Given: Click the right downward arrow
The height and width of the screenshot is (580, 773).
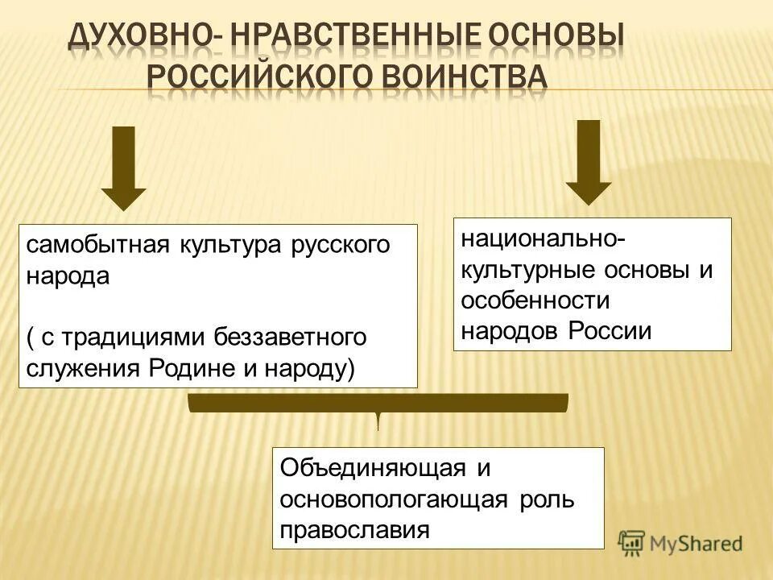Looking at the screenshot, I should point(589,162).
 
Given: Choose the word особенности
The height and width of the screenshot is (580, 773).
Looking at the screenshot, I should point(535,300).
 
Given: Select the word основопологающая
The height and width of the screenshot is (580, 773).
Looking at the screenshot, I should point(394,499).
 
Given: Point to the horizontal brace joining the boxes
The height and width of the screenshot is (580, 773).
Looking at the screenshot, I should point(378,403).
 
